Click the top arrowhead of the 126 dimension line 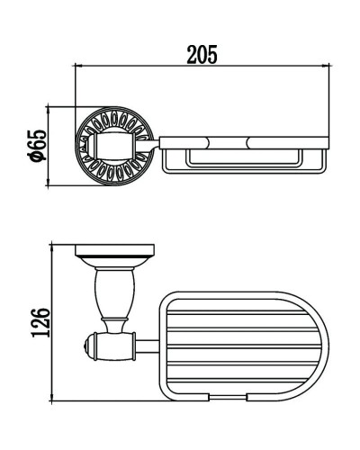pyautogui.click(x=52, y=247)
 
